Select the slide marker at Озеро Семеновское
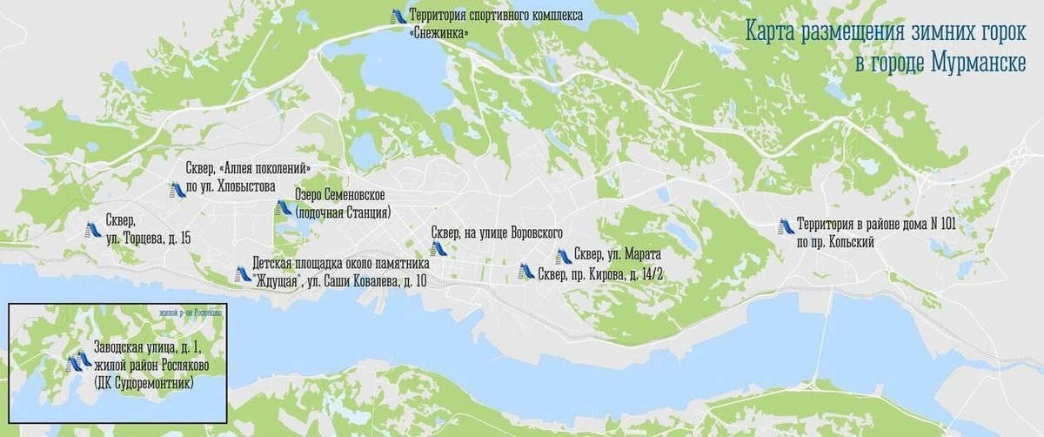pos(282,208)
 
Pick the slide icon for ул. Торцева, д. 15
pos(91,230)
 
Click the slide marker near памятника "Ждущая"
pos(243,274)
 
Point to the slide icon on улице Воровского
pos(438,247)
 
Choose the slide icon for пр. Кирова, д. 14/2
pos(525,271)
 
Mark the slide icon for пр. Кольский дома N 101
pos(786,225)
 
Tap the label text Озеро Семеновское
pos(339,195)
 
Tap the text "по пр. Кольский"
pos(836,241)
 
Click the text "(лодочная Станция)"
pos(343,212)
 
